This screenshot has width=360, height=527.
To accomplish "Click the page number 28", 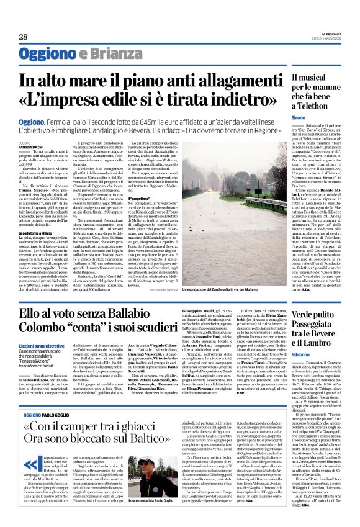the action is tap(23, 37).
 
